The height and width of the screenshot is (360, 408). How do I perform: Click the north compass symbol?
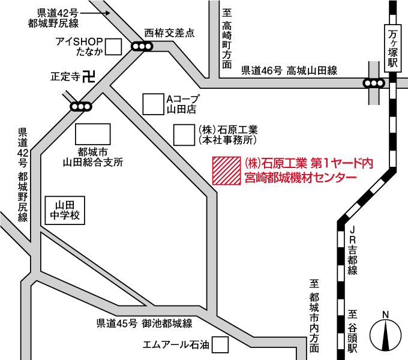tap(385, 334)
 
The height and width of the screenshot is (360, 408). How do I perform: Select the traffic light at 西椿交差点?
tap(142, 46)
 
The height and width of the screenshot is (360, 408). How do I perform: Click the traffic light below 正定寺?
tap(80, 107)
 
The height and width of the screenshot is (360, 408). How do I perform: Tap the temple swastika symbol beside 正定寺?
tap(89, 76)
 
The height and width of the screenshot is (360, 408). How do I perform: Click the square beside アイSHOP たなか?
tap(113, 46)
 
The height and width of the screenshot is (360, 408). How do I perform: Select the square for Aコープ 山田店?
tap(153, 104)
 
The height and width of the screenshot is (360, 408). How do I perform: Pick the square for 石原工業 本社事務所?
tap(184, 134)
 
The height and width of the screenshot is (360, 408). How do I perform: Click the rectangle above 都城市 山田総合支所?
tap(92, 134)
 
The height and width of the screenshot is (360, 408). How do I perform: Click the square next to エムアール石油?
tap(221, 344)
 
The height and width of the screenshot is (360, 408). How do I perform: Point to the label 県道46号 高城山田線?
tap(289, 71)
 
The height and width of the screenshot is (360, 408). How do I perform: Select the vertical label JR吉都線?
tap(353, 250)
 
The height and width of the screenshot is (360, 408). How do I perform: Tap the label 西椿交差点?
tap(170, 33)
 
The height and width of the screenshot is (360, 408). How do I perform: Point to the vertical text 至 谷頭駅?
tap(353, 331)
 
